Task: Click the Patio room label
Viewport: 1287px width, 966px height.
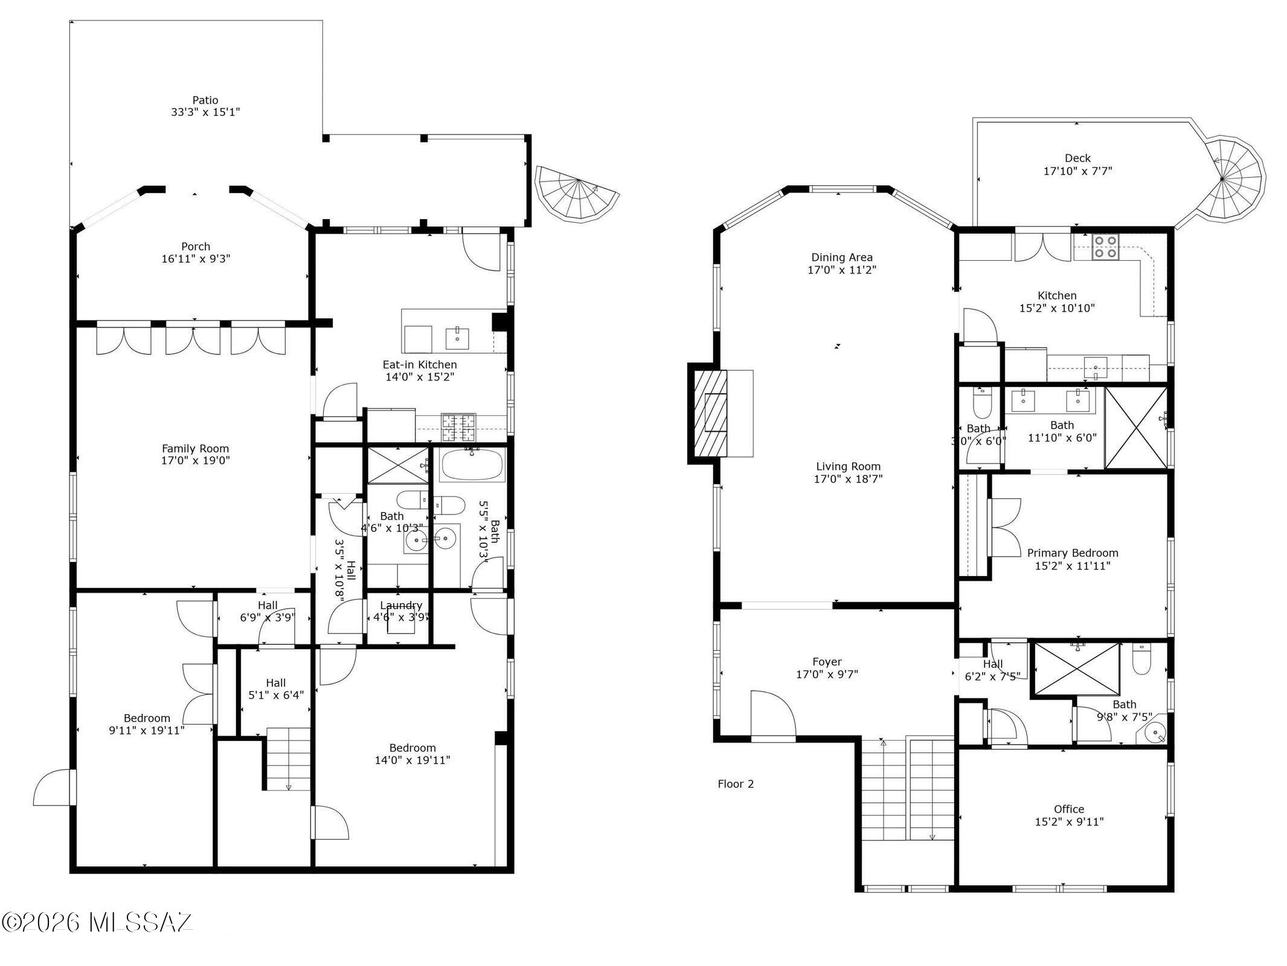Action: point(205,100)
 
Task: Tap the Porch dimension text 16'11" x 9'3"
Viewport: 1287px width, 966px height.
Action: point(196,259)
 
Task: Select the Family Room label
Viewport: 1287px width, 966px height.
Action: point(195,449)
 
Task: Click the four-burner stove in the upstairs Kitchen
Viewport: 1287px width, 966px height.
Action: point(1105,247)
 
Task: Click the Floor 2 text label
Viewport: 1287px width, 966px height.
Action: point(735,784)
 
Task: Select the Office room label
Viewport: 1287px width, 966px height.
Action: point(1068,809)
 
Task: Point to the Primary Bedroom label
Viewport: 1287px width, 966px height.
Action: point(1072,553)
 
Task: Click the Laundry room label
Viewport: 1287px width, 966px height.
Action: point(400,606)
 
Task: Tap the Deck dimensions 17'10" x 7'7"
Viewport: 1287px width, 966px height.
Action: point(1077,171)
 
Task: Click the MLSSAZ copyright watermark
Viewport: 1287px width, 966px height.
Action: point(97,922)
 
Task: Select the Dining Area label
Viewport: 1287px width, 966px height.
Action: point(841,257)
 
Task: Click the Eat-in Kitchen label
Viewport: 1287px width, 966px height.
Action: point(419,365)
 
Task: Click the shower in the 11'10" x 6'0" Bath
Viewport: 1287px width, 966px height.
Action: point(1135,427)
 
